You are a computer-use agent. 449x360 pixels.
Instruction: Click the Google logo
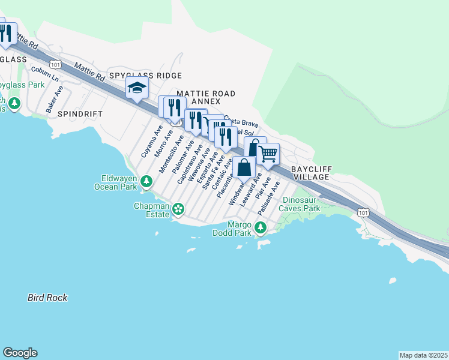click(x=20, y=353)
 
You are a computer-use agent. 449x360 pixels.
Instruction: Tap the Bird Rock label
click(x=47, y=298)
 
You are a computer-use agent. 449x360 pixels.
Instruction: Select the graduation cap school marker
click(x=137, y=89)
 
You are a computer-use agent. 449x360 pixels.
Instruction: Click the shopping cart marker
click(x=269, y=154)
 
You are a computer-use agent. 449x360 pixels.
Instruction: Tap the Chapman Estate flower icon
click(x=178, y=209)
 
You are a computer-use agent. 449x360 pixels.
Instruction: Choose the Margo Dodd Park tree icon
click(x=260, y=227)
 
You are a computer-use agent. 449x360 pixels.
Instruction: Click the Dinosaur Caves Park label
click(x=302, y=204)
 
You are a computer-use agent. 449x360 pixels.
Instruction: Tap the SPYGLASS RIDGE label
click(x=145, y=76)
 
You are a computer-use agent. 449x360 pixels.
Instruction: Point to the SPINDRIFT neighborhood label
click(x=80, y=113)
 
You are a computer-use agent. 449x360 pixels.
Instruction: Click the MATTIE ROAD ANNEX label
click(x=206, y=98)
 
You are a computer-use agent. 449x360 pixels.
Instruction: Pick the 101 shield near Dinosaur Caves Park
click(x=363, y=212)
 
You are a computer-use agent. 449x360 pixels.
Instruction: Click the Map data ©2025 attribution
click(x=423, y=355)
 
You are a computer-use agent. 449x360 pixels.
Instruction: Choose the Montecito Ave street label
click(x=171, y=154)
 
